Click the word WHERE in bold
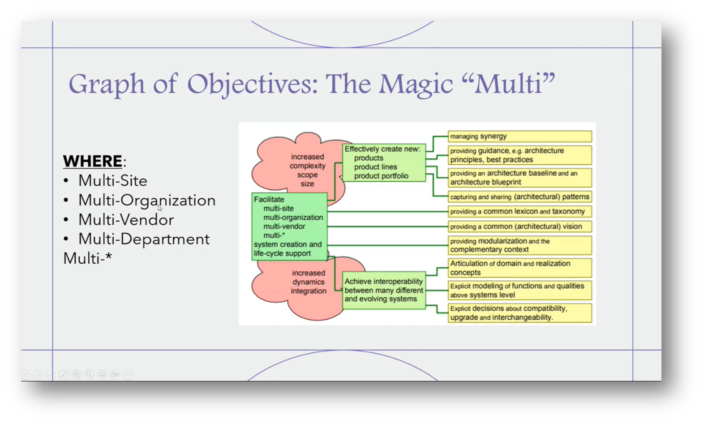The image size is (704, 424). click(92, 161)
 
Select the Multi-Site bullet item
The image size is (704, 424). click(112, 181)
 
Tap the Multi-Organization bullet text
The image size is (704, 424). click(146, 200)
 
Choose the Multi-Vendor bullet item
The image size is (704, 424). click(126, 220)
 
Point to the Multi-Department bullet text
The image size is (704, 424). click(143, 239)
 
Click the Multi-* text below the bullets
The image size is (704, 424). click(87, 258)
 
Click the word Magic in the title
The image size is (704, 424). click(416, 84)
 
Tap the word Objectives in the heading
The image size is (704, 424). click(252, 84)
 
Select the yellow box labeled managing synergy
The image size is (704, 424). click(519, 136)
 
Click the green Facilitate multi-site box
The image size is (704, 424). click(289, 226)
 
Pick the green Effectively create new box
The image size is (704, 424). click(384, 162)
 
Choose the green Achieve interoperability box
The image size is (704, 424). click(384, 290)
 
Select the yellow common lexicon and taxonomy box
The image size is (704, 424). click(519, 211)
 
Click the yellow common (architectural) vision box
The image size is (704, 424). click(519, 227)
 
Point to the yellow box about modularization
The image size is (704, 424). click(519, 245)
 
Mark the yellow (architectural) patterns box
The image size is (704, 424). click(519, 197)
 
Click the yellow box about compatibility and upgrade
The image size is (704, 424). click(519, 313)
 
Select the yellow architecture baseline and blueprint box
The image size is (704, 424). click(519, 178)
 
